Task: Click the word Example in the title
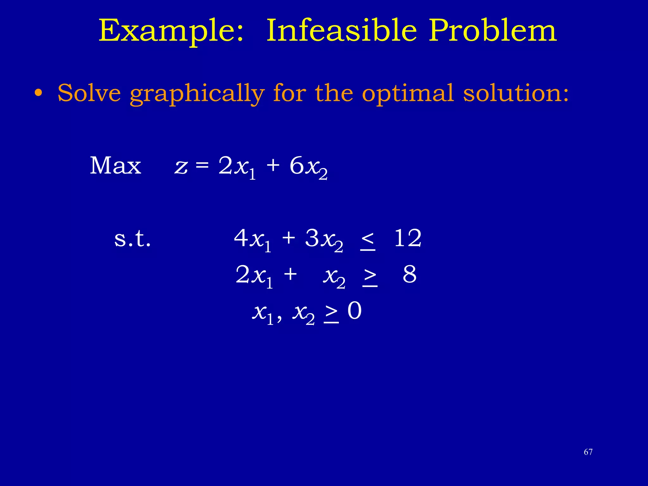click(171, 31)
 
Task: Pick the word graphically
click(197, 94)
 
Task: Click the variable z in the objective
click(181, 167)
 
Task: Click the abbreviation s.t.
click(133, 239)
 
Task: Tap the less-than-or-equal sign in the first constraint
click(367, 241)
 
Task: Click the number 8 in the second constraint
click(409, 274)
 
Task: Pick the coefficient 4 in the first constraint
click(241, 238)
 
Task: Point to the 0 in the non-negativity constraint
click(354, 311)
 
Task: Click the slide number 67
click(588, 452)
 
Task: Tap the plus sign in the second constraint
click(290, 274)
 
